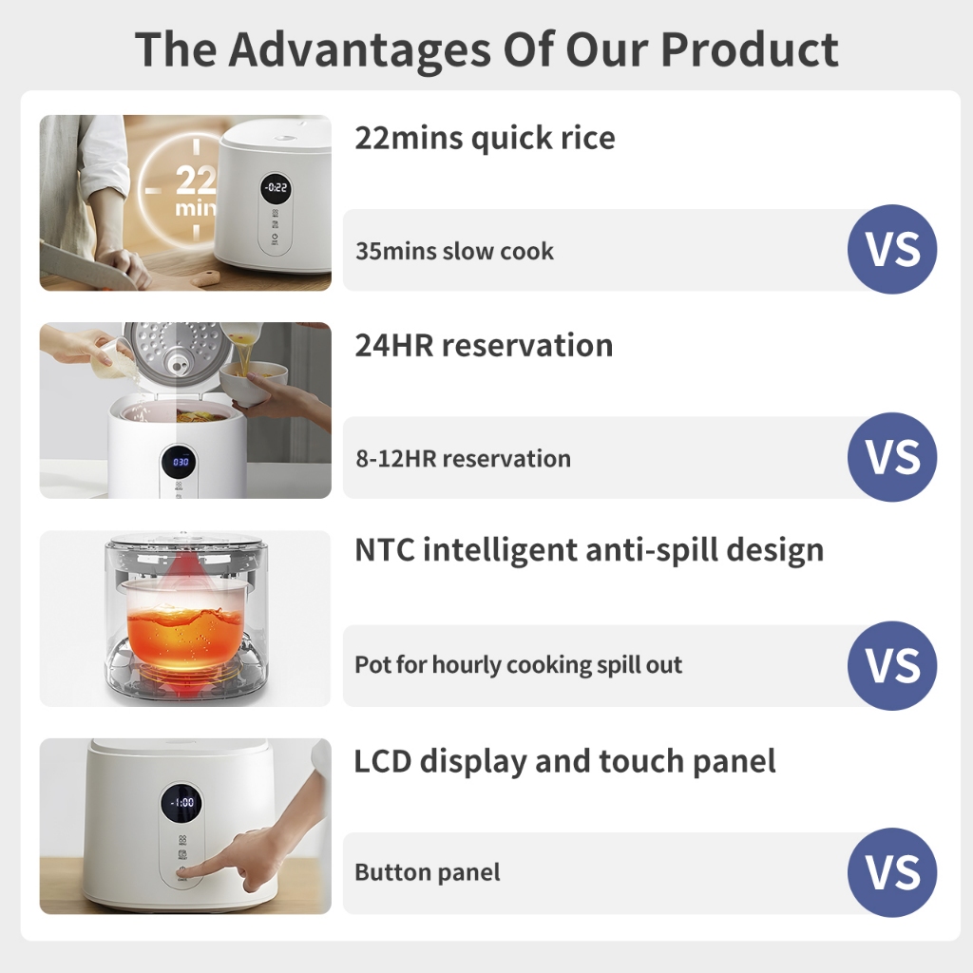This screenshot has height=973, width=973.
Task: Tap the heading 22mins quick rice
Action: (485, 138)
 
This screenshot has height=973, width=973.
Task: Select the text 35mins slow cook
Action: (454, 251)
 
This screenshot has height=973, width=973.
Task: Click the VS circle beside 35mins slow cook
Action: (892, 250)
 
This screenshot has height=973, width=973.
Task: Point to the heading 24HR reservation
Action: (484, 345)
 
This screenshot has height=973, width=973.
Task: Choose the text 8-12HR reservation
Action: (463, 459)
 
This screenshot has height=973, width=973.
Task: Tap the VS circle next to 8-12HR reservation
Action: (892, 457)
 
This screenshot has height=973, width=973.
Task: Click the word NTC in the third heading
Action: (384, 550)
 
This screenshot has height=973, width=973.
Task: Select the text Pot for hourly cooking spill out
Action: (518, 664)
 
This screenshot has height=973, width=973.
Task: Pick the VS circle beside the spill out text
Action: (892, 666)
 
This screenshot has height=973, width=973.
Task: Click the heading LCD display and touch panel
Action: (564, 761)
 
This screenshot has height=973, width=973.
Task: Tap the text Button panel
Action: (427, 872)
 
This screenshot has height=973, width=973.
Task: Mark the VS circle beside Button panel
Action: (892, 872)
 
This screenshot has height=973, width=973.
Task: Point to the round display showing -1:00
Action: (181, 803)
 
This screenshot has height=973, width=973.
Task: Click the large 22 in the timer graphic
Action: (196, 180)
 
